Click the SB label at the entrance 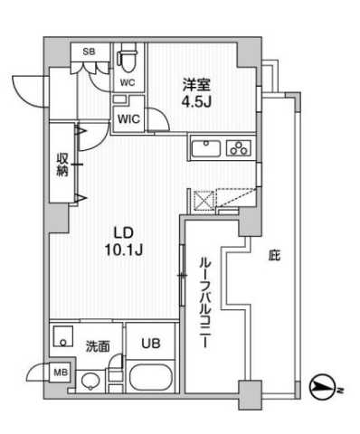pos(89,52)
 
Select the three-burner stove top pos(242,147)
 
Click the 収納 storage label pos(62,165)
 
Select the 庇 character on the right pos(273,256)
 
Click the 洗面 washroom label pos(98,344)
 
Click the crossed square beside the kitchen pos(203,199)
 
